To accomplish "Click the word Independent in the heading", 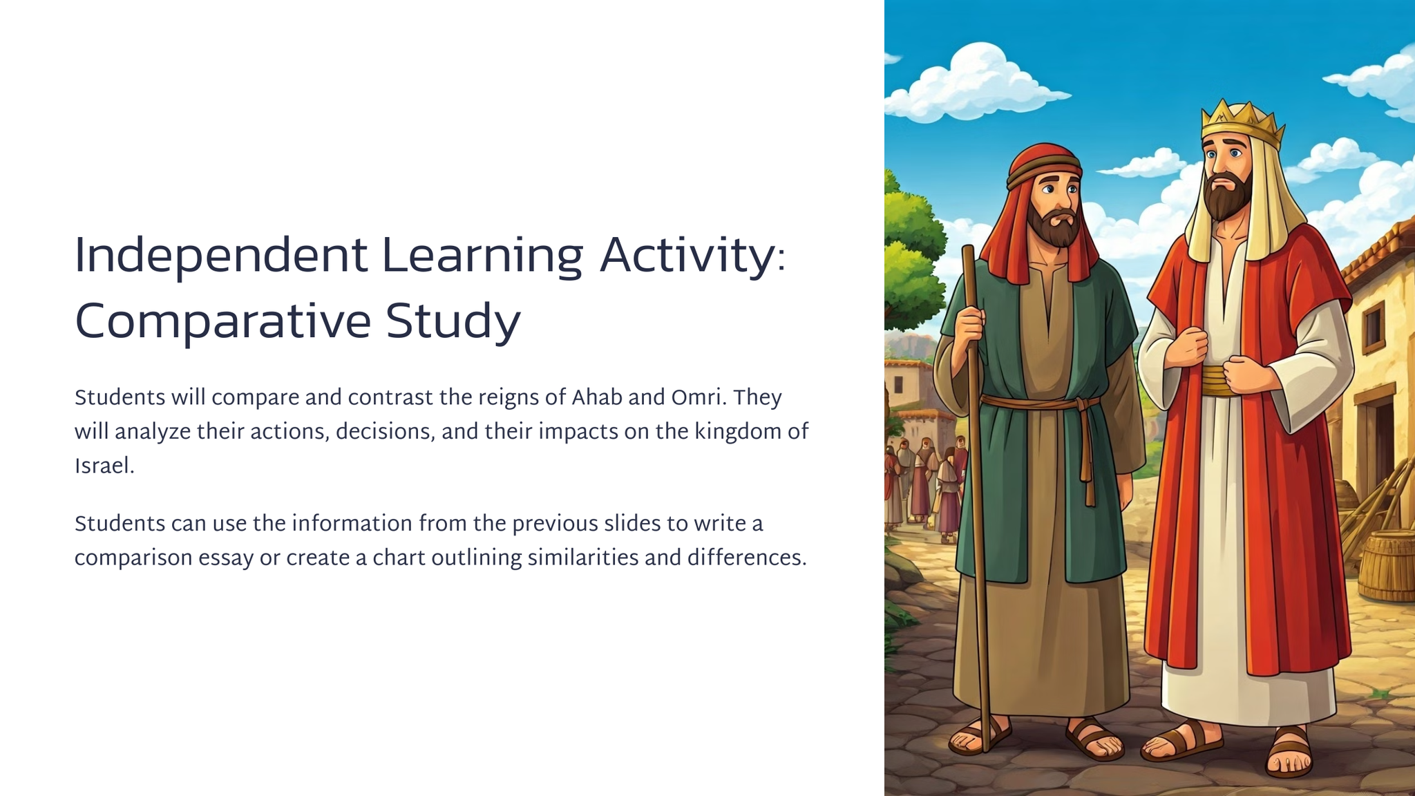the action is (x=220, y=256).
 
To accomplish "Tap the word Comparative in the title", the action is (x=222, y=323).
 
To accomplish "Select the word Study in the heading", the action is (x=453, y=323).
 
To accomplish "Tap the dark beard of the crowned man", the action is (x=1228, y=198).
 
